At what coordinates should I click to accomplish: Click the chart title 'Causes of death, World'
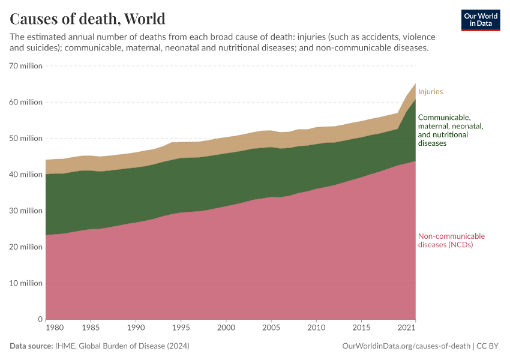pyautogui.click(x=88, y=18)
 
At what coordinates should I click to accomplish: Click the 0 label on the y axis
pyautogui.click(x=39, y=319)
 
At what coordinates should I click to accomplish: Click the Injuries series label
pyautogui.click(x=430, y=92)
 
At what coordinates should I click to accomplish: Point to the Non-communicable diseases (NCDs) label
pyautogui.click(x=451, y=240)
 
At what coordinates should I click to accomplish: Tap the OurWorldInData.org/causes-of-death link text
pyautogui.click(x=406, y=346)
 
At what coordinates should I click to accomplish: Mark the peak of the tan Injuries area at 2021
pyautogui.click(x=415, y=84)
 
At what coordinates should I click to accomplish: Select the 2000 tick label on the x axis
pyautogui.click(x=225, y=328)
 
